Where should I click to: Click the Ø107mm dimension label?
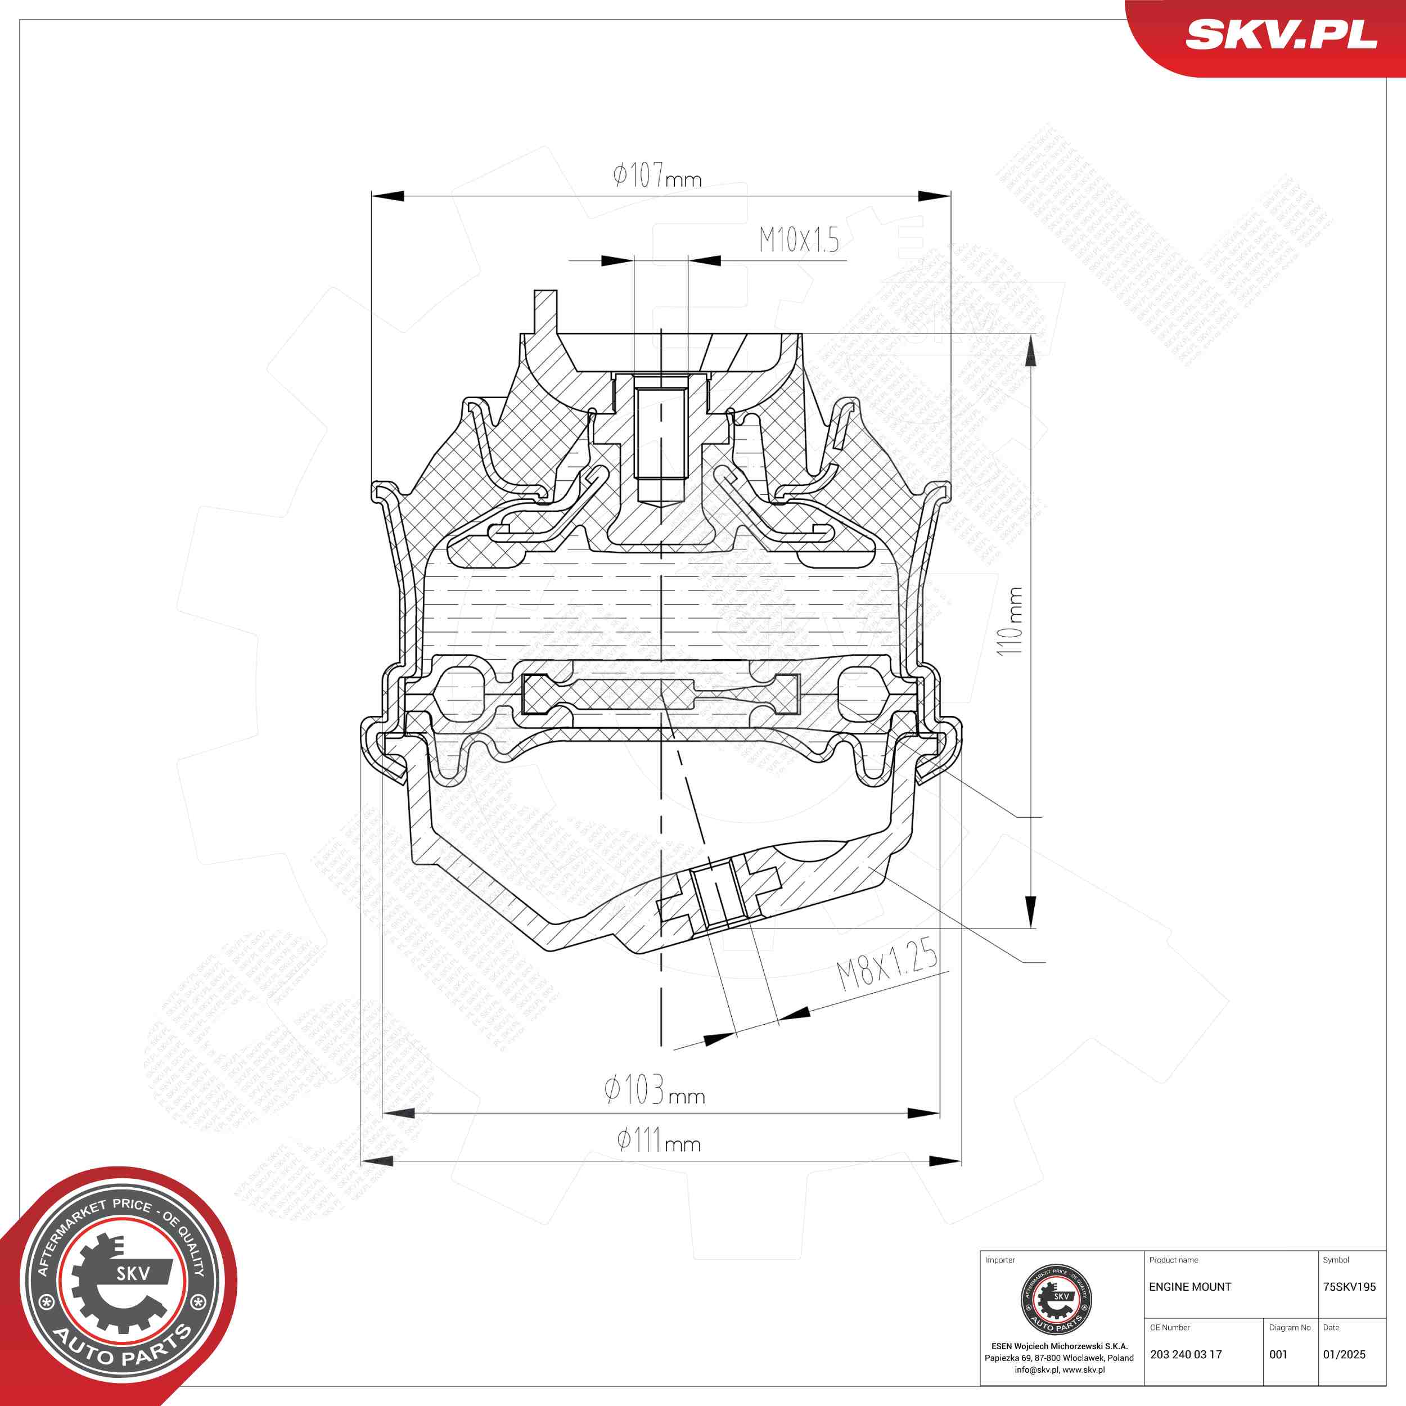[656, 176]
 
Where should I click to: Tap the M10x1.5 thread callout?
[799, 240]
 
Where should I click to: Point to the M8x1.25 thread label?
[887, 965]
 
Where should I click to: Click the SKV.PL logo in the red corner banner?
[1281, 35]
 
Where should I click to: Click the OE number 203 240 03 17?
[1186, 1354]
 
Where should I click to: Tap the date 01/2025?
[1344, 1354]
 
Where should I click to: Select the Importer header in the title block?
[1000, 1260]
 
